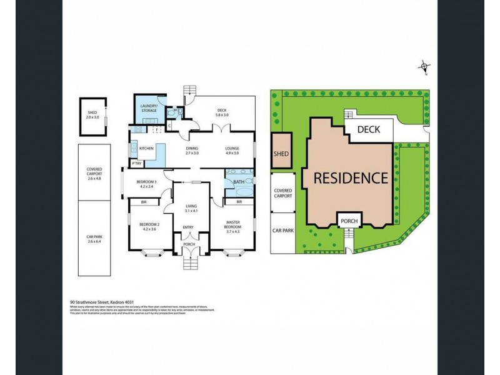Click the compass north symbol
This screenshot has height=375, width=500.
click(424, 66)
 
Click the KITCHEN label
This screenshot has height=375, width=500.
click(146, 148)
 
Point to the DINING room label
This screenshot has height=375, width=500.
click(191, 148)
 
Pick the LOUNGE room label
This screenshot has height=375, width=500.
click(232, 148)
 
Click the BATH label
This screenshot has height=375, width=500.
click(238, 182)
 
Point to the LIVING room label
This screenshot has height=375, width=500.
click(191, 207)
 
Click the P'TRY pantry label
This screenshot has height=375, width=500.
click(136, 163)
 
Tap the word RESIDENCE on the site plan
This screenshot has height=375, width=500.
click(350, 177)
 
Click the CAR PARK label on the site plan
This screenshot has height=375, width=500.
click(282, 230)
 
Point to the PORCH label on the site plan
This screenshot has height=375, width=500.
click(347, 220)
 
